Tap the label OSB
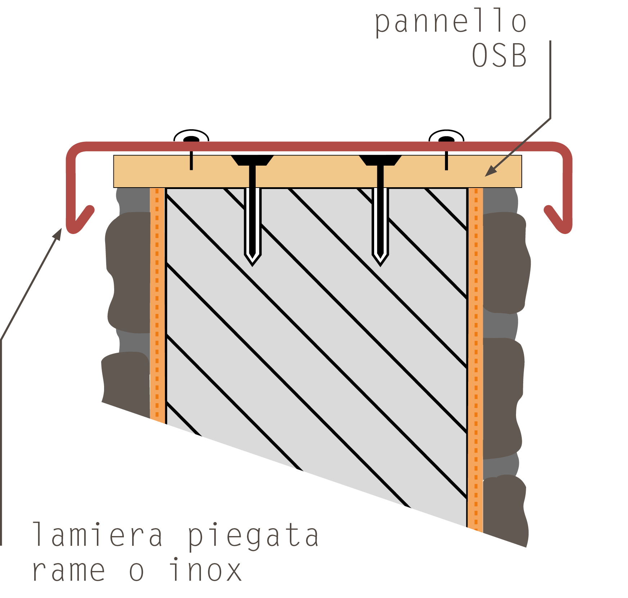point(499,55)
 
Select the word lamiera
point(98,534)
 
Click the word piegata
point(253,537)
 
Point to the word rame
point(69,571)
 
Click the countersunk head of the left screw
point(252,160)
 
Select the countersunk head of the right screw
point(380,160)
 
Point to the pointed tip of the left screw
point(252,266)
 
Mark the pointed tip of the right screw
point(380,266)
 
